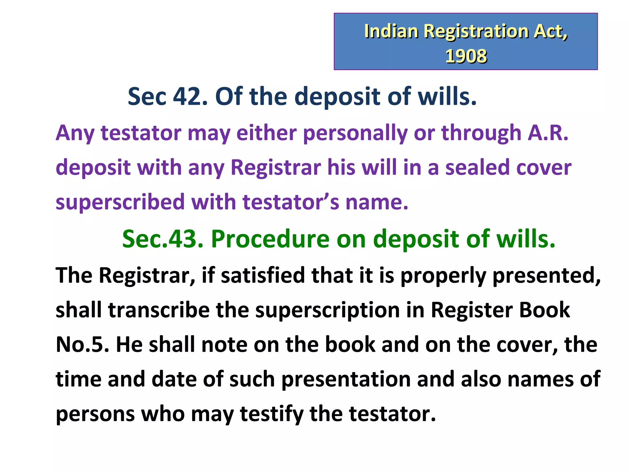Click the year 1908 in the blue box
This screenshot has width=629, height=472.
466,56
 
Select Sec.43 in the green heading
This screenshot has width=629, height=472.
163,239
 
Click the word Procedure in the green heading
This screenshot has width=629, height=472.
270,239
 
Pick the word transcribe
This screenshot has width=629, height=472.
159,310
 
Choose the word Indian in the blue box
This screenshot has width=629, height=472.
391,31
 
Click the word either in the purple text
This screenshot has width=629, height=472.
267,133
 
